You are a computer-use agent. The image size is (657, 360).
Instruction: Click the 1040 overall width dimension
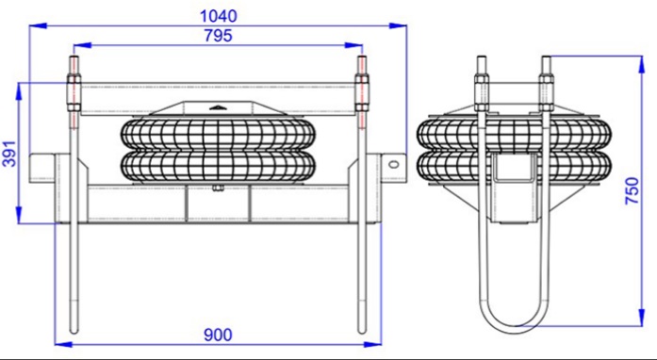tap(219, 15)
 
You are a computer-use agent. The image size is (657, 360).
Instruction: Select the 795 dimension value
tap(219, 36)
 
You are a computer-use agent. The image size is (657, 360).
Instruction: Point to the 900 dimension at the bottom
tap(219, 335)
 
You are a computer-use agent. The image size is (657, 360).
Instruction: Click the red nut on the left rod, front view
tap(72, 95)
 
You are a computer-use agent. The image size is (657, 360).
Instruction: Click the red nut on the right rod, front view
tap(364, 95)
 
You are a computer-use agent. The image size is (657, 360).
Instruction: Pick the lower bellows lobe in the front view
tap(218, 167)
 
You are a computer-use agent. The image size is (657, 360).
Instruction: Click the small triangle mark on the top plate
tap(218, 106)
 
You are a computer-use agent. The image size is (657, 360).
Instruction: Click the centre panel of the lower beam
tap(218, 204)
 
